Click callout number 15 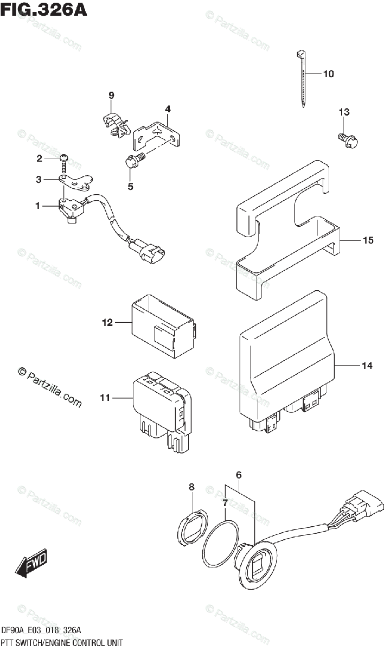(368, 240)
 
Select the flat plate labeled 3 (76, 182)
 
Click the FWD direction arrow (31, 563)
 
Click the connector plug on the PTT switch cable (357, 505)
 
